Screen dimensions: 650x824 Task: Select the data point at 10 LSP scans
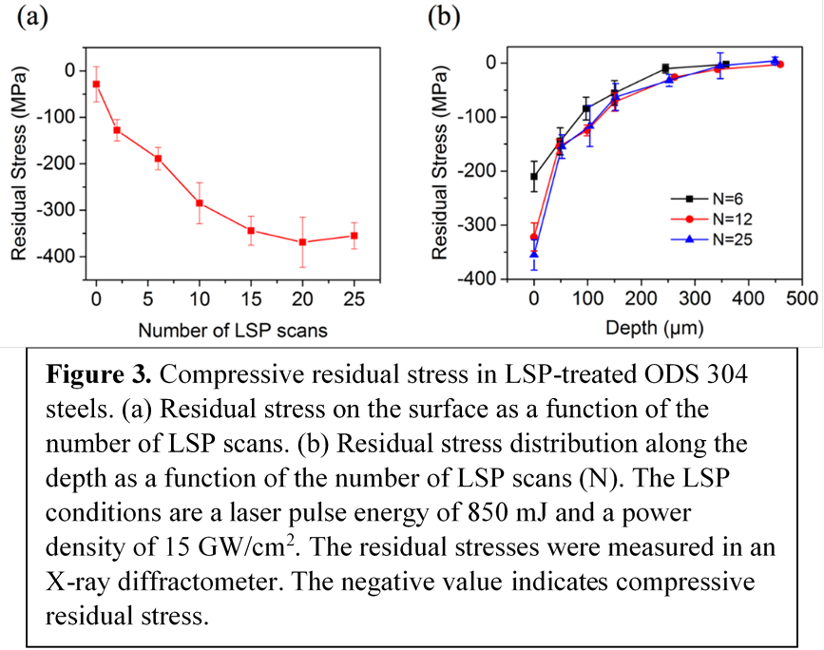(x=200, y=202)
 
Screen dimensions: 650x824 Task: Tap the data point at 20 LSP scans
(x=302, y=242)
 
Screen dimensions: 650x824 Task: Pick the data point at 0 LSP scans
(x=96, y=85)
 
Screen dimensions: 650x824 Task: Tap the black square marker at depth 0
(x=534, y=177)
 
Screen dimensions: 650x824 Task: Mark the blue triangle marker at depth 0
(x=534, y=254)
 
